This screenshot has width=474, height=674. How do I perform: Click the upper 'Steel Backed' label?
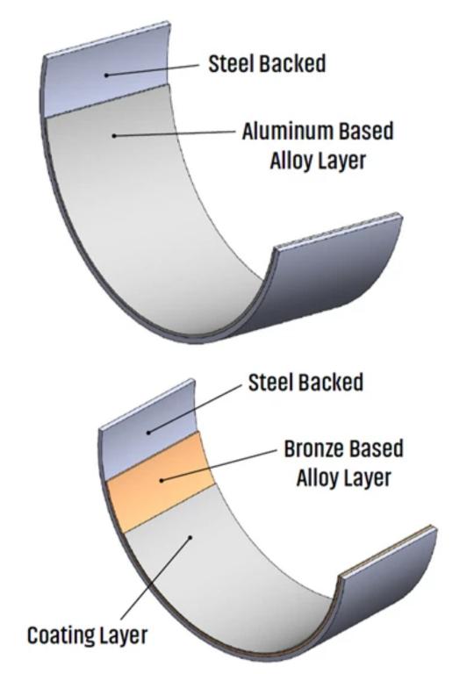[x=267, y=63]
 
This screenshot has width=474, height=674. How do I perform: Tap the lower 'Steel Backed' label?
[x=305, y=383]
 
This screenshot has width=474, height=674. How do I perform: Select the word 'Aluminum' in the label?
[x=287, y=131]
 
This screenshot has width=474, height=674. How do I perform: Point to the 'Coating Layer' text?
[x=87, y=635]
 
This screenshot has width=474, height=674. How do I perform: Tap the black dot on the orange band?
[x=162, y=480]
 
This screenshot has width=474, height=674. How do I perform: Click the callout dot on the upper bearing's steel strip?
[x=106, y=75]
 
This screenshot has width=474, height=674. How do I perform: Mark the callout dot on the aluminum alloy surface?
[x=114, y=136]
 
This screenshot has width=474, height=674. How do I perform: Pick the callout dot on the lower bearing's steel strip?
[x=149, y=433]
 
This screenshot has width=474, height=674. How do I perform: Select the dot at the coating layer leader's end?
[x=191, y=536]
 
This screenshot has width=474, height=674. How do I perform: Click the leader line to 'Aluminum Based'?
[x=175, y=133]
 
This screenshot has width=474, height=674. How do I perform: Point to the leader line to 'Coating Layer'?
[x=155, y=578]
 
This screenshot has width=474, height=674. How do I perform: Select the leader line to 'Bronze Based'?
[x=219, y=465]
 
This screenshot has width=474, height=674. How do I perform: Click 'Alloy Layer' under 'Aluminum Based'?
[x=318, y=161]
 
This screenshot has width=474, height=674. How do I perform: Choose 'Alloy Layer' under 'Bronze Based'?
[x=344, y=478]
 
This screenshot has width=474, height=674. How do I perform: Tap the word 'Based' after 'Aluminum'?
[x=366, y=131]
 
